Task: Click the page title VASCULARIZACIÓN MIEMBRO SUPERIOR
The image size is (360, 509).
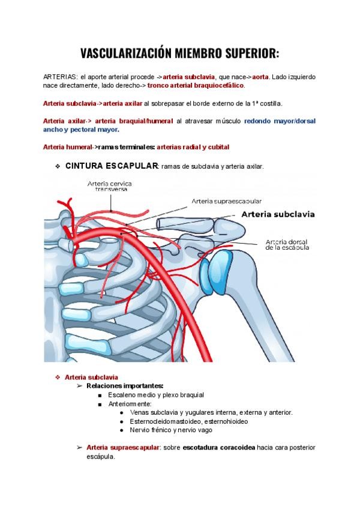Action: [180, 53]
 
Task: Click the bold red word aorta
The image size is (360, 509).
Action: [260, 77]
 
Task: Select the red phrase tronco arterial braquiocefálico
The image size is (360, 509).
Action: [196, 86]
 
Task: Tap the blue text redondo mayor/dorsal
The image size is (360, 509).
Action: [280, 121]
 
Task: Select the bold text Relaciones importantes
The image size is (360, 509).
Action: [125, 386]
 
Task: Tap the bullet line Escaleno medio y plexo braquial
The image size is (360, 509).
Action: [156, 395]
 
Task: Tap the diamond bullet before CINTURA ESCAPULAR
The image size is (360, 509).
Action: [56, 166]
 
